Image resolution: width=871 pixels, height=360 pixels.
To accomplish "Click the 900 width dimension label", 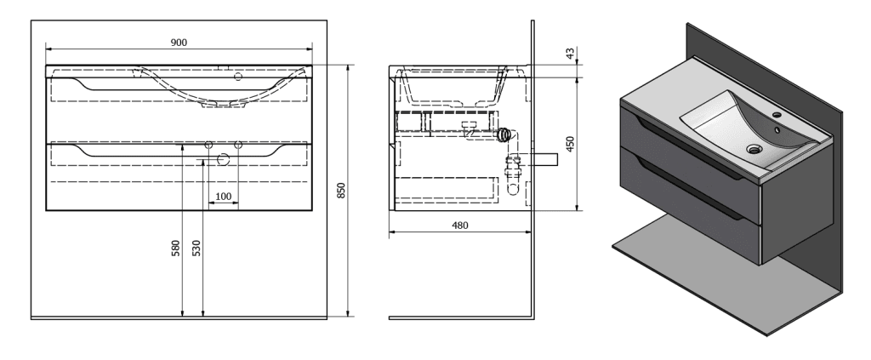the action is click(x=179, y=43).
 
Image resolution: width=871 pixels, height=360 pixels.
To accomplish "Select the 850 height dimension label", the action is click(x=342, y=191).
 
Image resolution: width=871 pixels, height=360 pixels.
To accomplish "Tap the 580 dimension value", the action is click(x=176, y=248).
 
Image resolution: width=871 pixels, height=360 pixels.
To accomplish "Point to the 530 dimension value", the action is click(x=196, y=248).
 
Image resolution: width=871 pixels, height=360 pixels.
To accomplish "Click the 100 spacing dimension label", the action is click(x=224, y=196).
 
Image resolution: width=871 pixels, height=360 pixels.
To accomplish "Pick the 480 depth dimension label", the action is click(x=460, y=225).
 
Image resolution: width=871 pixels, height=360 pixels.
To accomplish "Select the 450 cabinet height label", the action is click(x=570, y=144).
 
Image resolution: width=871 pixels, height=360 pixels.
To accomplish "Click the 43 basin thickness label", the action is click(x=570, y=54).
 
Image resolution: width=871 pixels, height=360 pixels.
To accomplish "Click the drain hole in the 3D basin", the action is click(x=754, y=149).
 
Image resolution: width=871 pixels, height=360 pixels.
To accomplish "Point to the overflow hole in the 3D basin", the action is click(x=777, y=130).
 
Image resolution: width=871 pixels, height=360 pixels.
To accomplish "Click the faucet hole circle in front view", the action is click(x=238, y=77).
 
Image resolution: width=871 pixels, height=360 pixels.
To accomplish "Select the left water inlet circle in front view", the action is click(x=209, y=145).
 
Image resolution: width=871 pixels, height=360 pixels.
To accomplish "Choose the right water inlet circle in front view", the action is click(x=238, y=145).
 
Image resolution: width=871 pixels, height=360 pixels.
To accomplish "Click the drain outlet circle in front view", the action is click(x=224, y=161).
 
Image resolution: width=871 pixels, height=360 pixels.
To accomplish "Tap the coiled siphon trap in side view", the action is click(x=504, y=135).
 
